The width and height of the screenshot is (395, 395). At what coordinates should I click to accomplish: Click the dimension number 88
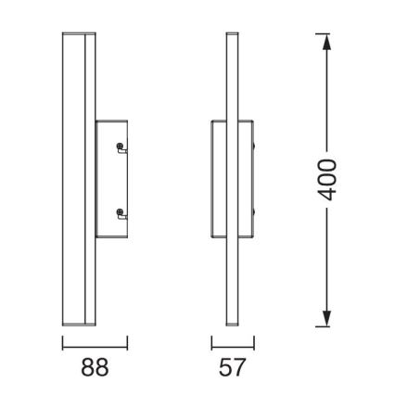(x=95, y=367)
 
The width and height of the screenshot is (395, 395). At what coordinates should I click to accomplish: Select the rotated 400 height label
(x=326, y=182)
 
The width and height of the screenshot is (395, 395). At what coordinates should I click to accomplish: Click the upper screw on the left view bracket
(x=120, y=147)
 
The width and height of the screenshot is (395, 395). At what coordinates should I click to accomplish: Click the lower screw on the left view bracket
(x=120, y=214)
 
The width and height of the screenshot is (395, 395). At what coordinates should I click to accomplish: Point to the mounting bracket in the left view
(x=109, y=181)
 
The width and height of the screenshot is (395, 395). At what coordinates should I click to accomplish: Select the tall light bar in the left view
(x=77, y=181)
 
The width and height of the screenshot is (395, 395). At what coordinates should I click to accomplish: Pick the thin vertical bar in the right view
(x=233, y=181)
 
